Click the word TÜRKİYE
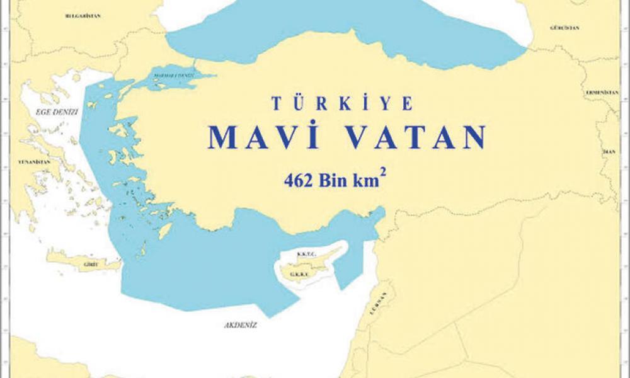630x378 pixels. click(x=342, y=103)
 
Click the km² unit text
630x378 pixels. click(x=370, y=181)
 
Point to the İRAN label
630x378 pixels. click(x=609, y=151)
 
